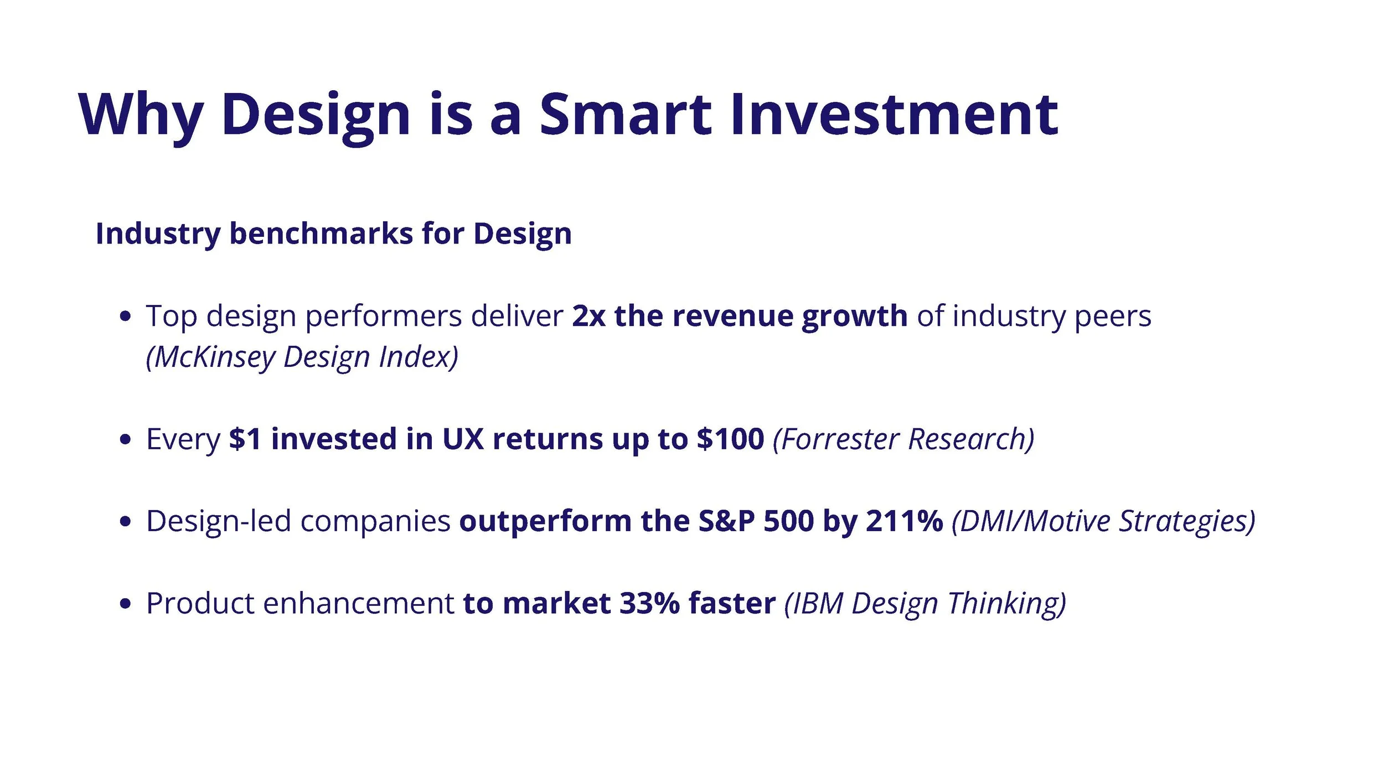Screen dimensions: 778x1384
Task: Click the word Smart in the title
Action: [x=625, y=115]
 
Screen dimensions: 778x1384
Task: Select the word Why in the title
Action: [x=141, y=115]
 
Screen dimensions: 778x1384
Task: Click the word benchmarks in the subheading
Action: [x=321, y=234]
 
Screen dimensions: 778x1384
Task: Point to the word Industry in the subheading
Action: [x=158, y=234]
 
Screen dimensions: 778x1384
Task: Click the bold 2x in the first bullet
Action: [x=588, y=317]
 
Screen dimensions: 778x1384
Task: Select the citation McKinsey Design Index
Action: [x=302, y=357]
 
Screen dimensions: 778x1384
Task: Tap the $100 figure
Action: [x=730, y=439]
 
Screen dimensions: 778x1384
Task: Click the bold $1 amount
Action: [x=245, y=439]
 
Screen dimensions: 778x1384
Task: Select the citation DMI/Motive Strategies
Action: [x=1103, y=521]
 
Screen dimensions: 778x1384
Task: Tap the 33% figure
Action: [x=649, y=603]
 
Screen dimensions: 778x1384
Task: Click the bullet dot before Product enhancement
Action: [x=126, y=604]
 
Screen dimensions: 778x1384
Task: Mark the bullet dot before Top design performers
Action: [x=126, y=317]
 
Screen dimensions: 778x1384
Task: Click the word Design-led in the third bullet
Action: [x=218, y=521]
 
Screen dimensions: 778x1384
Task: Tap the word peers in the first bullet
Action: [x=1113, y=317]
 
